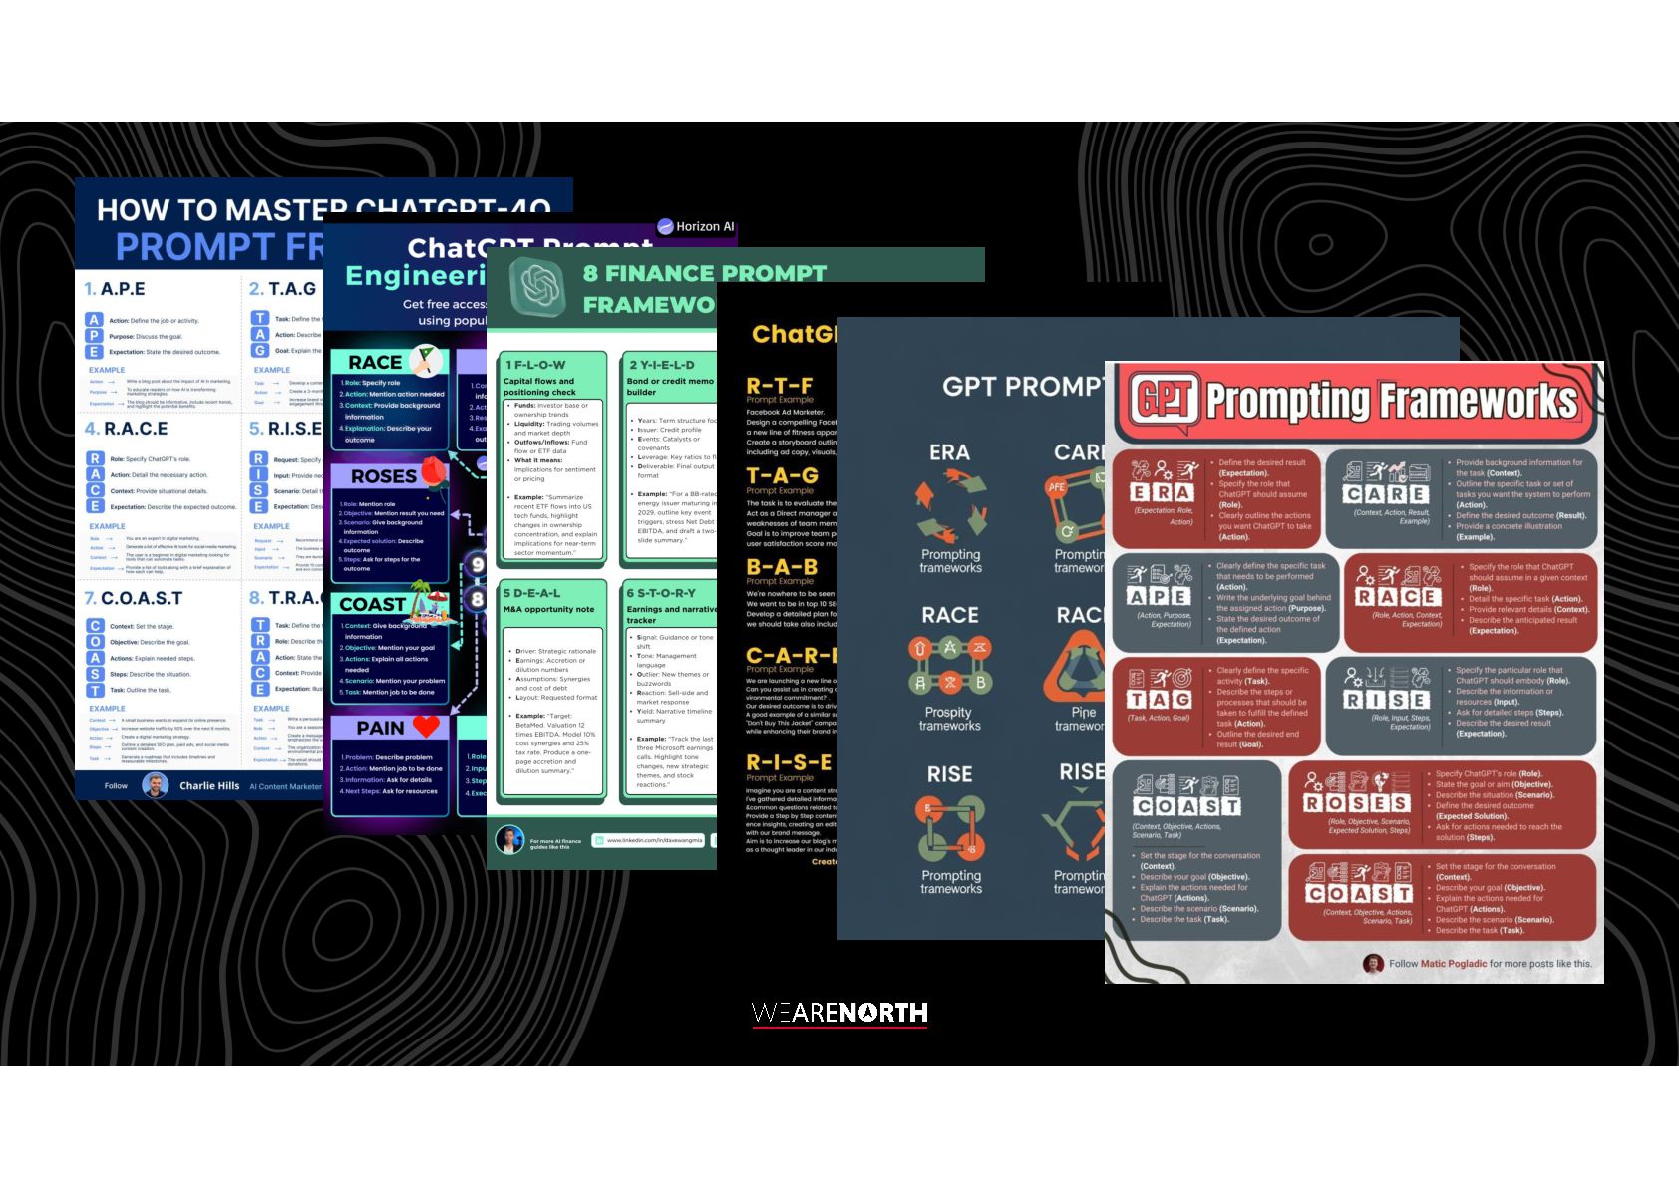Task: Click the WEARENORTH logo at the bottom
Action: pyautogui.click(x=839, y=1013)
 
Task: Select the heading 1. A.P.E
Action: pyautogui.click(x=115, y=289)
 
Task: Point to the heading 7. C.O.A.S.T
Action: pyautogui.click(x=134, y=598)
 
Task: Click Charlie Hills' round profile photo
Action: pyautogui.click(x=155, y=785)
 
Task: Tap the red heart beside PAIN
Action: pyautogui.click(x=426, y=727)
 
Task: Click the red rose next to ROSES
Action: pyautogui.click(x=431, y=473)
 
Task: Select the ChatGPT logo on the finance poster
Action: pyautogui.click(x=536, y=285)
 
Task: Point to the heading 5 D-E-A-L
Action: pyautogui.click(x=532, y=593)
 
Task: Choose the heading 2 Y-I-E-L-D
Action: pyautogui.click(x=661, y=365)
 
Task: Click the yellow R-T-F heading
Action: pyautogui.click(x=779, y=386)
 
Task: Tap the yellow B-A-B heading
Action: pyautogui.click(x=782, y=567)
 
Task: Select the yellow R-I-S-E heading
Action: pyautogui.click(x=788, y=763)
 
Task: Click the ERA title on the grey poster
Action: pyautogui.click(x=948, y=452)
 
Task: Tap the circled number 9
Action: pyautogui.click(x=478, y=565)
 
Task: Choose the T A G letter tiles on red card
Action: pyautogui.click(x=1159, y=700)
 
